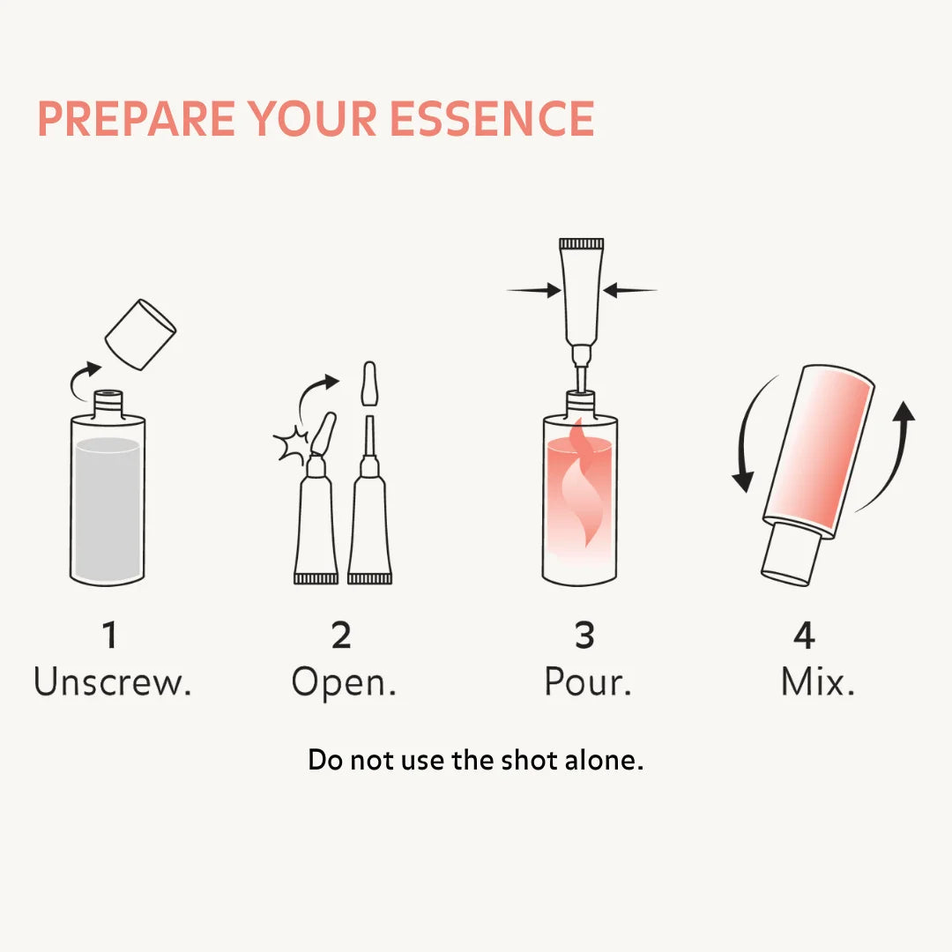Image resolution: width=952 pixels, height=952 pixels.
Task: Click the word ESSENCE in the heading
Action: pos(492,119)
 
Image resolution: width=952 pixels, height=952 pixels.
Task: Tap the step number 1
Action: pos(109,636)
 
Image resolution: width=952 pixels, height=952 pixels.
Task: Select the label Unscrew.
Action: pos(113,682)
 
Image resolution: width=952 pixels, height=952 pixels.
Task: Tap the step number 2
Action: pos(341,636)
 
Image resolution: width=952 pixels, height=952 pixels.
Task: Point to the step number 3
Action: pos(584,636)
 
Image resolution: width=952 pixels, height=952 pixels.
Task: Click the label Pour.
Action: pos(588,682)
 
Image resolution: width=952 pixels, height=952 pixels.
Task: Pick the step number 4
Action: pos(804,636)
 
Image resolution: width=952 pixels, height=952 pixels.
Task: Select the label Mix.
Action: pos(818,682)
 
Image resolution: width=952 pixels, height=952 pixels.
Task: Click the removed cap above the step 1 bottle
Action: pos(140,335)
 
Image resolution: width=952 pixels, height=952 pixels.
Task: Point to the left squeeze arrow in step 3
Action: pos(534,289)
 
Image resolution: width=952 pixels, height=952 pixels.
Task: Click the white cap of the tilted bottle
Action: pos(790,554)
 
